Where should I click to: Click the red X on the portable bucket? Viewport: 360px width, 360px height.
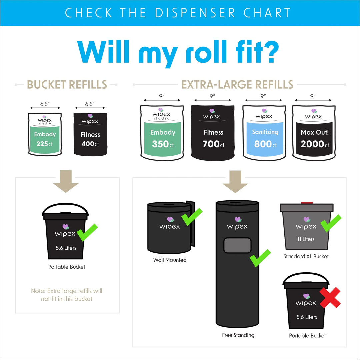(330, 298)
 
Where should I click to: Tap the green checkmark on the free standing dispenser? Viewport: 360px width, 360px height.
(260, 258)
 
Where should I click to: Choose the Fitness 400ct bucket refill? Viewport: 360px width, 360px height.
(90, 134)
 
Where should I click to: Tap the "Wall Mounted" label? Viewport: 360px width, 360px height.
(170, 260)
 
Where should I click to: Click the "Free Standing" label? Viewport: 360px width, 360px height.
(238, 335)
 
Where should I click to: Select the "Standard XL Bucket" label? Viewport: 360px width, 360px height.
(306, 256)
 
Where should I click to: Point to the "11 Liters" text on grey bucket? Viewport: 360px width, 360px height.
(306, 239)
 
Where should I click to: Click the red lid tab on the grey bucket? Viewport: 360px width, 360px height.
(306, 203)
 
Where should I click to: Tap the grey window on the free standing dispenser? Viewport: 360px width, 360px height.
(238, 245)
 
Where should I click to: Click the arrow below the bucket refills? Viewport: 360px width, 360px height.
(66, 181)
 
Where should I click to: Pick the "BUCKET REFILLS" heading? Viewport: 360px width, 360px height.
(67, 85)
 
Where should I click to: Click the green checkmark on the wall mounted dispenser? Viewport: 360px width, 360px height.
(192, 217)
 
